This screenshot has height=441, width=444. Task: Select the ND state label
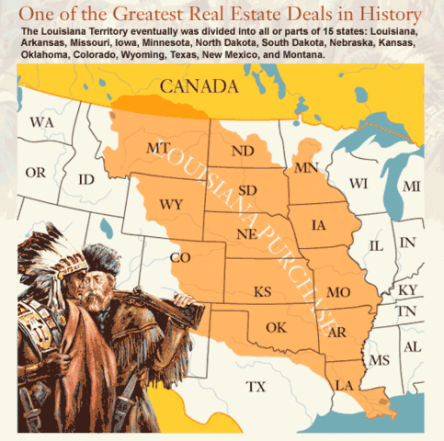pos(244,151)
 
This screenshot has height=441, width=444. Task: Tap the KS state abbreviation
pos(263,292)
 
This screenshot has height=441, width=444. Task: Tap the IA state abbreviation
pos(319,223)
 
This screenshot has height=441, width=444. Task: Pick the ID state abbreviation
pos(87,178)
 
